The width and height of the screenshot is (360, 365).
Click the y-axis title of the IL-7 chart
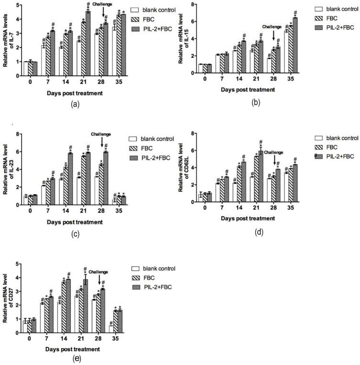point(6,40)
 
